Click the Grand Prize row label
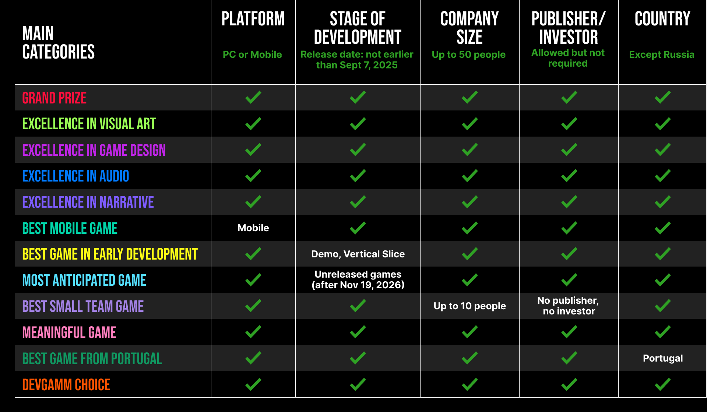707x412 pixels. coord(54,98)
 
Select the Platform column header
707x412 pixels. coord(253,19)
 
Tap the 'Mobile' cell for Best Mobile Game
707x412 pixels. coord(253,228)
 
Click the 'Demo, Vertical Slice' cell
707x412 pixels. coord(358,254)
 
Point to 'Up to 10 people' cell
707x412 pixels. coord(470,306)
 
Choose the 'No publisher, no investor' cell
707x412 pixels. coord(569,306)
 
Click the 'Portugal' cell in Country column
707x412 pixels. coord(663,358)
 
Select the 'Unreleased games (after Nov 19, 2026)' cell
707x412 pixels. coord(358,279)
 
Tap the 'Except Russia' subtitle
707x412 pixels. coord(662,54)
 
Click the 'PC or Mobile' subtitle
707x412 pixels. coord(252,54)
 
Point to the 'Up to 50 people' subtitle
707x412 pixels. coord(469,54)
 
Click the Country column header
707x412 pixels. coord(662,19)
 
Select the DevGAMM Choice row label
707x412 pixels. coord(66,385)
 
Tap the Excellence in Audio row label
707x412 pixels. coord(76,176)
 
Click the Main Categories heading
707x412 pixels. coord(59,42)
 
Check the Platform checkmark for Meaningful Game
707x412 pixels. coord(253,332)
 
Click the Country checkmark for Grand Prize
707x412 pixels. coord(663,97)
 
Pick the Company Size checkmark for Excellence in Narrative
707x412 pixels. coord(470,202)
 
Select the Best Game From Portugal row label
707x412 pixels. coord(92,359)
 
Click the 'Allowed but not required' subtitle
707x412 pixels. coord(568,58)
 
